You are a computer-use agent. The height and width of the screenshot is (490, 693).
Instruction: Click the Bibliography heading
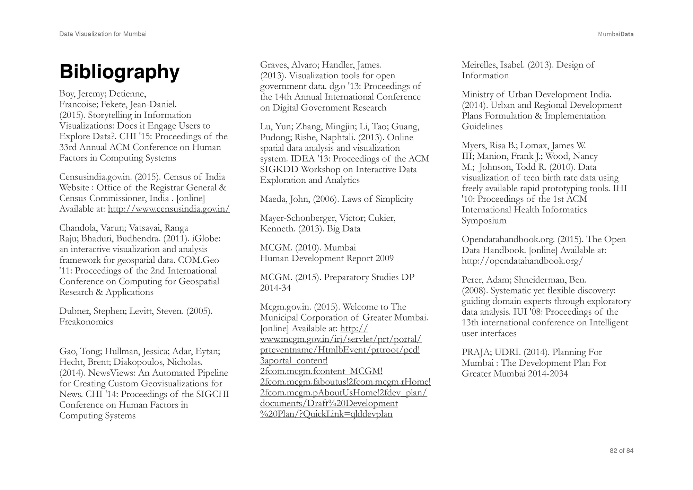coord(120,72)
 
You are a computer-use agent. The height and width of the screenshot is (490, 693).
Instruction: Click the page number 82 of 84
coord(621,450)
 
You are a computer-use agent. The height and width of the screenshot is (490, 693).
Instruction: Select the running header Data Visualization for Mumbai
coord(103,34)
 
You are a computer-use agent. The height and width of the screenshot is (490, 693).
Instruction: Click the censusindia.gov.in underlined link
coord(169,209)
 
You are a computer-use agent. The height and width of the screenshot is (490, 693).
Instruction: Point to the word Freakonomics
coord(86,322)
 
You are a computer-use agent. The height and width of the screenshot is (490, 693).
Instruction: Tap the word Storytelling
coord(110,115)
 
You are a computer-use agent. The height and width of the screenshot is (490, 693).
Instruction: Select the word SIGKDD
coord(279,169)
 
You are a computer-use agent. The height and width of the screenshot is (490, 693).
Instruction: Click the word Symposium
coord(484,221)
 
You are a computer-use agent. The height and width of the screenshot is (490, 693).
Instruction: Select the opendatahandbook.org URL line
coord(522,261)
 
